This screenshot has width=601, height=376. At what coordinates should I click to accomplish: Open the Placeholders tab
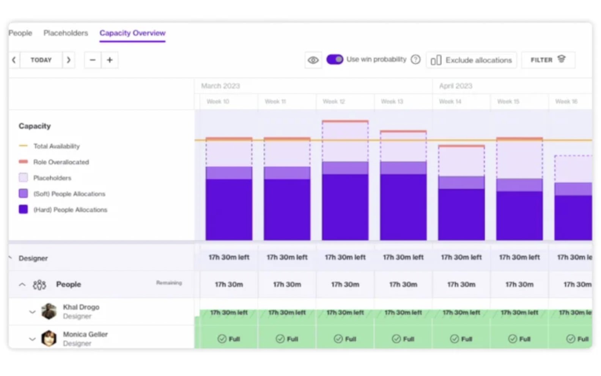pyautogui.click(x=66, y=33)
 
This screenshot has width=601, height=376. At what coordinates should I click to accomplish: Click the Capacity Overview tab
pyautogui.click(x=132, y=33)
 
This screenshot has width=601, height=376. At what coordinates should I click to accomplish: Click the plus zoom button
pyautogui.click(x=110, y=60)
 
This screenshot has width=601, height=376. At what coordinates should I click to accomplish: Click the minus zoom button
pyautogui.click(x=93, y=60)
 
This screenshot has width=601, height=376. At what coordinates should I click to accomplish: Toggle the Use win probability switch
pyautogui.click(x=335, y=60)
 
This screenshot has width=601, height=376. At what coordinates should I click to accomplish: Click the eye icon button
pyautogui.click(x=313, y=60)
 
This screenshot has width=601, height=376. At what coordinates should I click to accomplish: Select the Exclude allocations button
pyautogui.click(x=471, y=60)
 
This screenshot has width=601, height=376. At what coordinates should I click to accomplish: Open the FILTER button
pyautogui.click(x=548, y=60)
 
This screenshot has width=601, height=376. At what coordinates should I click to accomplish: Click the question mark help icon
pyautogui.click(x=416, y=60)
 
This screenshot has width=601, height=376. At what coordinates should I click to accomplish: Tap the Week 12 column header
pyautogui.click(x=334, y=102)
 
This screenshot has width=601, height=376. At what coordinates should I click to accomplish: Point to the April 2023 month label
pyautogui.click(x=455, y=86)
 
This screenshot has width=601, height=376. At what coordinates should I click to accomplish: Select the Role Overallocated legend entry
pyautogui.click(x=61, y=162)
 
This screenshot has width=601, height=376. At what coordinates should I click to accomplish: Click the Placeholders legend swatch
pyautogui.click(x=23, y=177)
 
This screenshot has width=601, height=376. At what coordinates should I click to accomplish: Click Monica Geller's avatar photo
pyautogui.click(x=49, y=338)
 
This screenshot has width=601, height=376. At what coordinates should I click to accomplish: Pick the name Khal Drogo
pyautogui.click(x=81, y=307)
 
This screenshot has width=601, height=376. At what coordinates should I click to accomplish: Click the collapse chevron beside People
pyautogui.click(x=22, y=284)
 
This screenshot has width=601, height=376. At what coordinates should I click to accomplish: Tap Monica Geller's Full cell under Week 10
pyautogui.click(x=229, y=338)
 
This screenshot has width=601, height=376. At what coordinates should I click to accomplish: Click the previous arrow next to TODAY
pyautogui.click(x=14, y=60)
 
